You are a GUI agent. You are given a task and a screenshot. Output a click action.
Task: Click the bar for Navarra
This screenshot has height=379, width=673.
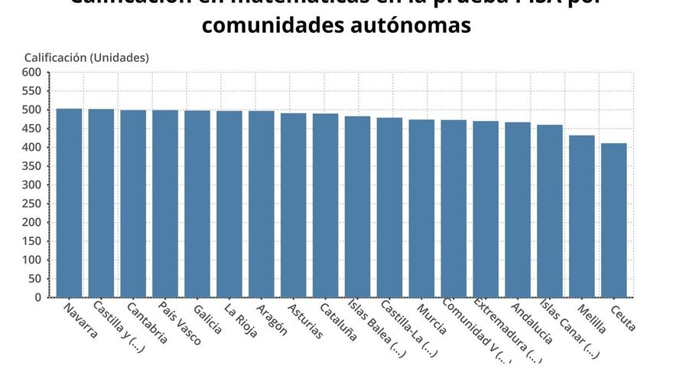point(69,203)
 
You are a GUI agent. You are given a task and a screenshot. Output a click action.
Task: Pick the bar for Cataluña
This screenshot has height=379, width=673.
point(325,205)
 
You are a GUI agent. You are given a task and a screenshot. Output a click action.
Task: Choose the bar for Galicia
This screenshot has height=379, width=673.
point(197,204)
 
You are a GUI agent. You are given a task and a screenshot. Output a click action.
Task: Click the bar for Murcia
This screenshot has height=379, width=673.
point(421,208)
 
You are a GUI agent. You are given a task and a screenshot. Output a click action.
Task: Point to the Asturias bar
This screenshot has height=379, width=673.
point(293,205)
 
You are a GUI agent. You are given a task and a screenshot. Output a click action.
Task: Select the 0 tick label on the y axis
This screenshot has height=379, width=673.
point(37,298)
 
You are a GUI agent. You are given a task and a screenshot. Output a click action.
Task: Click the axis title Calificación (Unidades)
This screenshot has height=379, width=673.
point(86,57)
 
